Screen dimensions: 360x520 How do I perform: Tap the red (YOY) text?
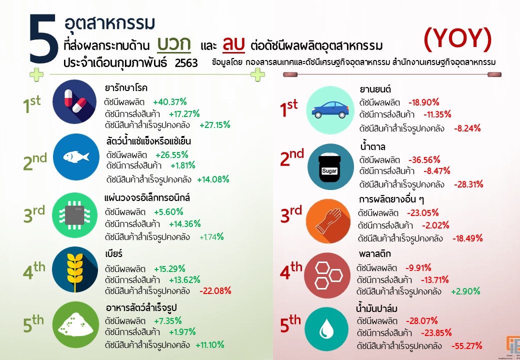457,39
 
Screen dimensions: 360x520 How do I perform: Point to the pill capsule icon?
74,102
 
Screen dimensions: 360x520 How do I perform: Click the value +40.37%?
170,100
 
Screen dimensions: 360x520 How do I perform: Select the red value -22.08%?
215,291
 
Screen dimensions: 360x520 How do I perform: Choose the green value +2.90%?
465,291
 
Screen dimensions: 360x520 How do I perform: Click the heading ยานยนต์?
375,90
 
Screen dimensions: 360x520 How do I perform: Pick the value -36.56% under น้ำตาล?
424,160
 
